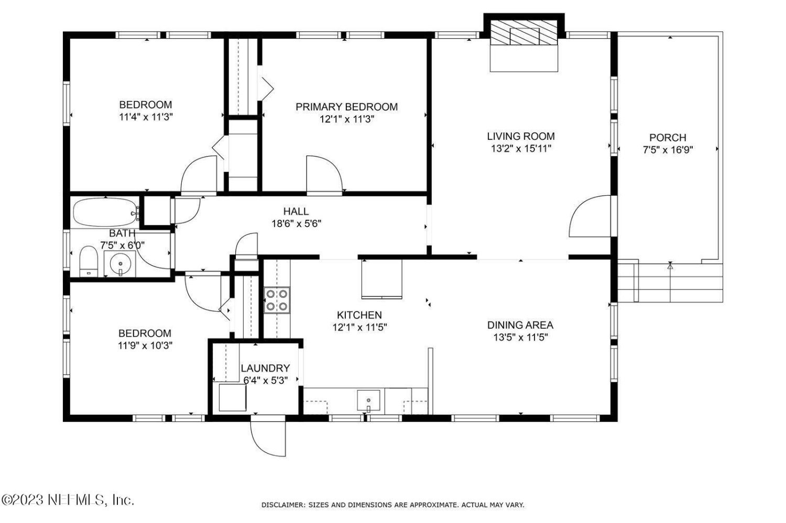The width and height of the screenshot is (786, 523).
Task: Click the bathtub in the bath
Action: click(105, 212)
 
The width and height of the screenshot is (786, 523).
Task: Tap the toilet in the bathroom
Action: click(89, 262)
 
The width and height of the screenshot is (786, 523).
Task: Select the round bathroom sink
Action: click(120, 263)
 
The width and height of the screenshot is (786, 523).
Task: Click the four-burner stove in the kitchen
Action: click(277, 300)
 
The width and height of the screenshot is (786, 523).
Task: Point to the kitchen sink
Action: click(368, 400)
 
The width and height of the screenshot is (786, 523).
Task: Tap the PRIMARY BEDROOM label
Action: click(347, 107)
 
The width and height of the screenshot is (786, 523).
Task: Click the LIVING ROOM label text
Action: click(521, 136)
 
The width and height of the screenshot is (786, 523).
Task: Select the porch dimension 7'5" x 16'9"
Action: click(668, 150)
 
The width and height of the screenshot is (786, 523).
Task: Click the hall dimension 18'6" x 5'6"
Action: click(297, 224)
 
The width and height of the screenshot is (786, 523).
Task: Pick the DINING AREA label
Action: click(520, 325)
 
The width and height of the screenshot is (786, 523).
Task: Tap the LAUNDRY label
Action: click(265, 368)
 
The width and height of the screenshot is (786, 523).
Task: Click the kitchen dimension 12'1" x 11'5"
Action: click(359, 327)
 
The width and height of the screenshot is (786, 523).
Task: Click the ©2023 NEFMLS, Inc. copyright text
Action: click(68, 500)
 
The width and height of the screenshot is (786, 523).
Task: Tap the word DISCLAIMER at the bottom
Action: click(283, 505)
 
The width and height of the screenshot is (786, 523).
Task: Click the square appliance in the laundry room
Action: click(232, 397)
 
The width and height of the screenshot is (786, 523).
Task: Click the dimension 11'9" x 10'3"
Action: click(145, 346)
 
